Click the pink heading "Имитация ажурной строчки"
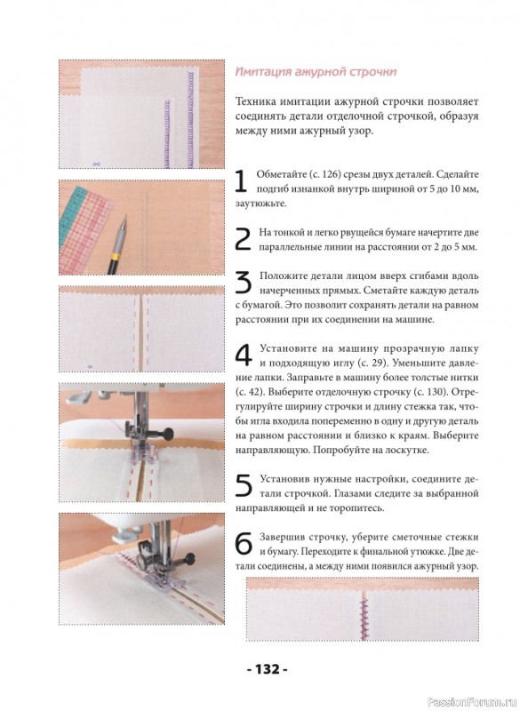(316, 72)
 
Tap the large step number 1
(241, 182)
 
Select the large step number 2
(244, 239)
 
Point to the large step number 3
(244, 284)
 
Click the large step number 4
(244, 355)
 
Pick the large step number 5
(244, 486)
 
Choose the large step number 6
(244, 544)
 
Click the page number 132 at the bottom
(268, 669)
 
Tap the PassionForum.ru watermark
(472, 702)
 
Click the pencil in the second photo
(118, 246)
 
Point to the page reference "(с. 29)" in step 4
(372, 363)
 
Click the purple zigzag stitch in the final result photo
(364, 617)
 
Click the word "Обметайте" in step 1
(276, 174)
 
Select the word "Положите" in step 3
(278, 276)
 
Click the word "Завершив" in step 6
(279, 538)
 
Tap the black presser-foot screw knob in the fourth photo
(168, 433)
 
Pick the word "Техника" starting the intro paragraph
(255, 101)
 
